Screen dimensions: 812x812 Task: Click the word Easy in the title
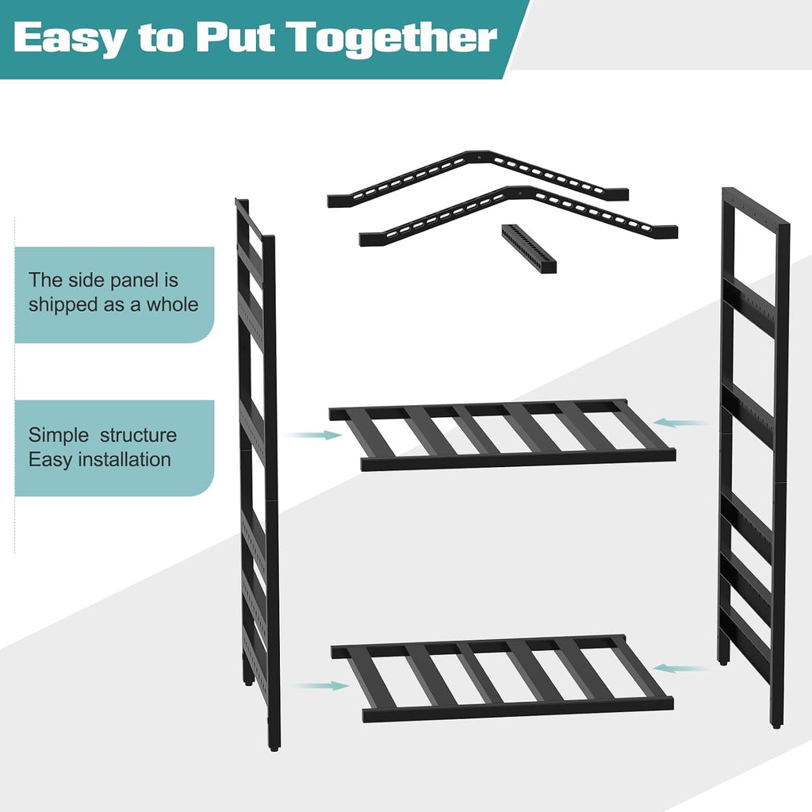click(x=70, y=38)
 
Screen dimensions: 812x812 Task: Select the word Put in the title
click(x=236, y=36)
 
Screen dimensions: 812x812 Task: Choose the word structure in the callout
click(x=138, y=435)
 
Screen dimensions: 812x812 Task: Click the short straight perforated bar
click(x=529, y=249)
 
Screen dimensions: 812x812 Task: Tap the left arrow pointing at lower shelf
click(x=322, y=686)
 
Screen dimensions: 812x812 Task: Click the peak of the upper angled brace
click(x=480, y=155)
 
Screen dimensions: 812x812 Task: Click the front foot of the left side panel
click(x=274, y=747)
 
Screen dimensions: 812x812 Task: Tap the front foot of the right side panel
click(x=776, y=726)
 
